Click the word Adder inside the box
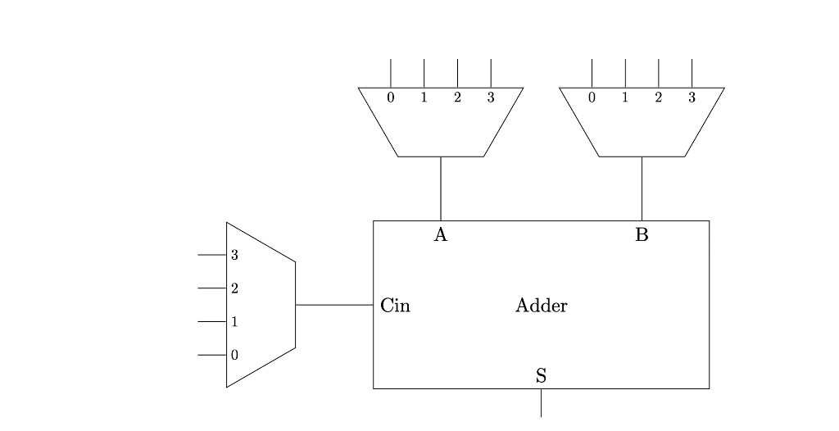point(541,306)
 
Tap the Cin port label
point(395,306)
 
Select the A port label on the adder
point(441,236)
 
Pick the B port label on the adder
point(642,236)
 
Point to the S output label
point(541,376)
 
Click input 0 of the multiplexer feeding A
point(391,98)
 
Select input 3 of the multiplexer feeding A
point(491,98)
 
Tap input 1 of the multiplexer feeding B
point(625,98)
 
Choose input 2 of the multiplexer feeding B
point(658,98)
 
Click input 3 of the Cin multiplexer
point(234,255)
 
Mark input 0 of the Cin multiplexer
point(234,356)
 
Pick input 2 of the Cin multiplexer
point(234,288)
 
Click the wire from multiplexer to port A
point(441,188)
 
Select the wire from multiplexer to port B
point(642,188)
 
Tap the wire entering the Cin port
point(334,305)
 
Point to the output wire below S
point(541,403)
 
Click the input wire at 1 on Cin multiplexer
point(211,322)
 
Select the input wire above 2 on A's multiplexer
point(457,73)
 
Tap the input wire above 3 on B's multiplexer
point(692,73)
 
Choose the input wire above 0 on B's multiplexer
point(592,73)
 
